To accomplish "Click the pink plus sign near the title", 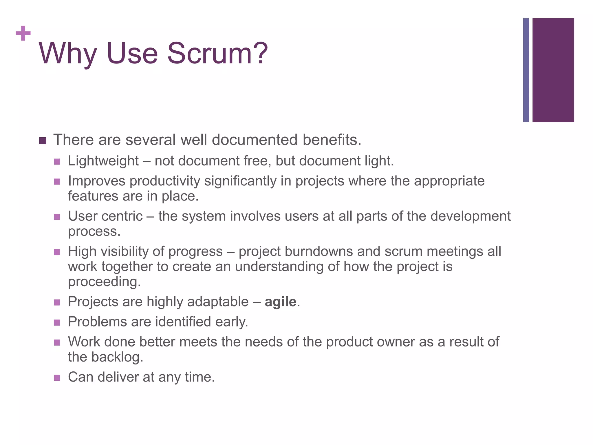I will coord(23,33).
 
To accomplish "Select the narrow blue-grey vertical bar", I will coord(526,70).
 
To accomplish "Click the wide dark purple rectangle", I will coord(553,70).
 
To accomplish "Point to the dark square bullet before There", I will coord(43,141).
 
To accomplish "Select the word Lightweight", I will coord(103,161).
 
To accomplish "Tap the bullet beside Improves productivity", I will coord(57,182).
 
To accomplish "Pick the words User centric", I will coord(105,216).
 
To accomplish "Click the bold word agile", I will coord(281,302).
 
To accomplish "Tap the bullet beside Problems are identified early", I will coord(57,322).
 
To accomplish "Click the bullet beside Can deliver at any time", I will coord(57,378).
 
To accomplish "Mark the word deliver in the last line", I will coord(118,377).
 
